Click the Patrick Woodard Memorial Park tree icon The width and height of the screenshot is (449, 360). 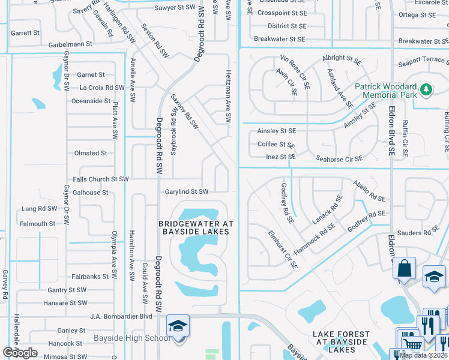tap(426, 89)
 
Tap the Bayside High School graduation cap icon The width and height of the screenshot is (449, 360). tap(178, 326)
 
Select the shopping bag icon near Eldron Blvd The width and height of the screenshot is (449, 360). tap(405, 268)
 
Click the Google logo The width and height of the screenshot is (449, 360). tap(20, 353)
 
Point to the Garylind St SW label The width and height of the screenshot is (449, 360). tap(187, 192)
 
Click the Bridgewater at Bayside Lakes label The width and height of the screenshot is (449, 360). tap(195, 227)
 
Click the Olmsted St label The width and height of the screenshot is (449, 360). tap(91, 153)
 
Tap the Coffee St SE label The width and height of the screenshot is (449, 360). tap(276, 145)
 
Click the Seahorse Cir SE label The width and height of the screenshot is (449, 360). tap(339, 159)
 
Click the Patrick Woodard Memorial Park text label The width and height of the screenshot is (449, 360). tap(385, 91)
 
